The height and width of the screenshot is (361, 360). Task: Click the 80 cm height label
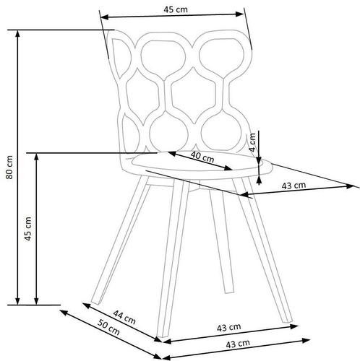click(x=9, y=167)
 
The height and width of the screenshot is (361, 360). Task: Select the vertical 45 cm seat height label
click(x=28, y=228)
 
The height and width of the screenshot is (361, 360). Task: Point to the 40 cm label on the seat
click(x=202, y=157)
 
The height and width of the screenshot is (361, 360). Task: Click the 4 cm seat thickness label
click(x=252, y=142)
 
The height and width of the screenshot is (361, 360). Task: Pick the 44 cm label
click(x=124, y=317)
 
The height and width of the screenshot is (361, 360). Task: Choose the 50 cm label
click(x=108, y=327)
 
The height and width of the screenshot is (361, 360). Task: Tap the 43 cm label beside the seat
click(x=293, y=186)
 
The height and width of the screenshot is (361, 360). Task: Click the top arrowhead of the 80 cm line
click(x=17, y=34)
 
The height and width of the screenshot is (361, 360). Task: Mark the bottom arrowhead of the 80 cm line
click(x=17, y=301)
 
